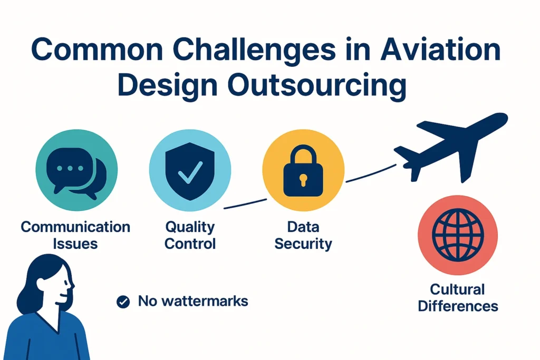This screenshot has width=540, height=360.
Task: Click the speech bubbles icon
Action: click(x=76, y=171)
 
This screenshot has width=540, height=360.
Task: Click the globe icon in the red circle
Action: click(x=457, y=235)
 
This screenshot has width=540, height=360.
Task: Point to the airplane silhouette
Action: click(x=454, y=145)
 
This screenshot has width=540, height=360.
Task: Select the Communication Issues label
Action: click(x=75, y=235)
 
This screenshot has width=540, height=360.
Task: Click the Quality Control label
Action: click(x=190, y=235)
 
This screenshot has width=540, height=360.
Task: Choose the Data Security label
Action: click(x=303, y=235)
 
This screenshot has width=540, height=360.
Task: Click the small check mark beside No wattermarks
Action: click(x=123, y=302)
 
